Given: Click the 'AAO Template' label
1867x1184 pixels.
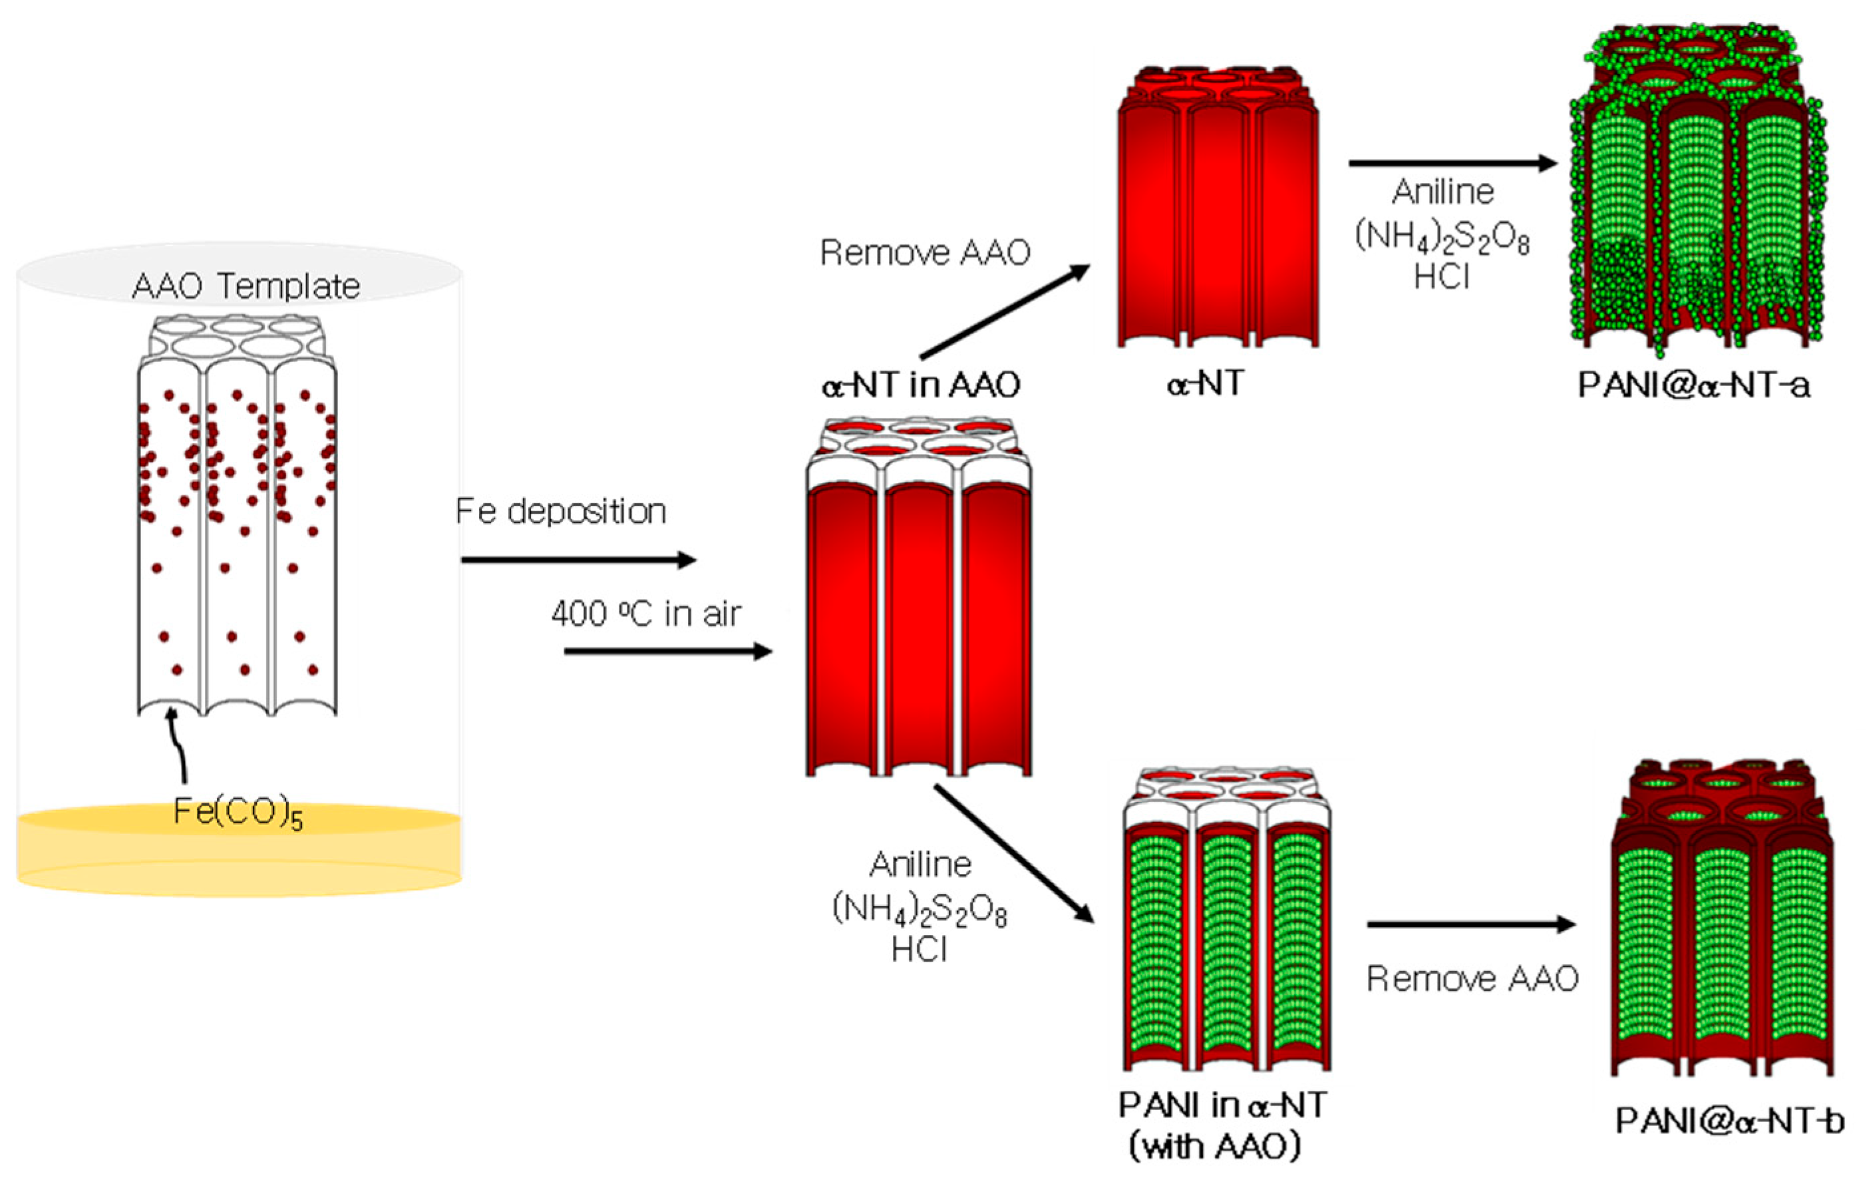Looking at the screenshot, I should click(x=246, y=286).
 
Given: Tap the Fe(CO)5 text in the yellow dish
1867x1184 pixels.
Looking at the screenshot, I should click(x=238, y=813).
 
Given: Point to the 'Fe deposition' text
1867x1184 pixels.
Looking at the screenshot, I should click(x=560, y=512).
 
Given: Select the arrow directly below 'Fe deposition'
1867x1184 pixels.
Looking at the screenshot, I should click(x=578, y=560).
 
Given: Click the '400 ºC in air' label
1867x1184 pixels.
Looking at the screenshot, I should click(x=646, y=614).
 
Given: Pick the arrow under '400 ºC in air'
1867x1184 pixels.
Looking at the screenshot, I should click(x=667, y=652).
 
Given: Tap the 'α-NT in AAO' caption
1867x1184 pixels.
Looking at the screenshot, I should click(x=920, y=385).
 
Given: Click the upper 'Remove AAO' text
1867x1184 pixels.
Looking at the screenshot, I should click(x=925, y=253).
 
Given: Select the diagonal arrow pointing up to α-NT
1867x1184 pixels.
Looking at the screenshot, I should click(x=1005, y=311).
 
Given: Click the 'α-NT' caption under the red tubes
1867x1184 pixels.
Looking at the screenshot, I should click(x=1205, y=384).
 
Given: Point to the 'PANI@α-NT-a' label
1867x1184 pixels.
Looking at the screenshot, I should click(x=1694, y=385).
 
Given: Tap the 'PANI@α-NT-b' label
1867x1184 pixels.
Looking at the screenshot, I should click(x=1730, y=1120).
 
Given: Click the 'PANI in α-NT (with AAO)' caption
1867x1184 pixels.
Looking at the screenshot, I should click(x=1223, y=1125).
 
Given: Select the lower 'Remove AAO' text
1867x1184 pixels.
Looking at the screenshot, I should click(x=1472, y=979).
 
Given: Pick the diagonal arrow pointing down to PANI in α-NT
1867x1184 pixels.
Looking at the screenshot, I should click(x=1013, y=854).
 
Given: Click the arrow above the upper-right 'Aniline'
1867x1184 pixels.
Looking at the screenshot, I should click(x=1452, y=164).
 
